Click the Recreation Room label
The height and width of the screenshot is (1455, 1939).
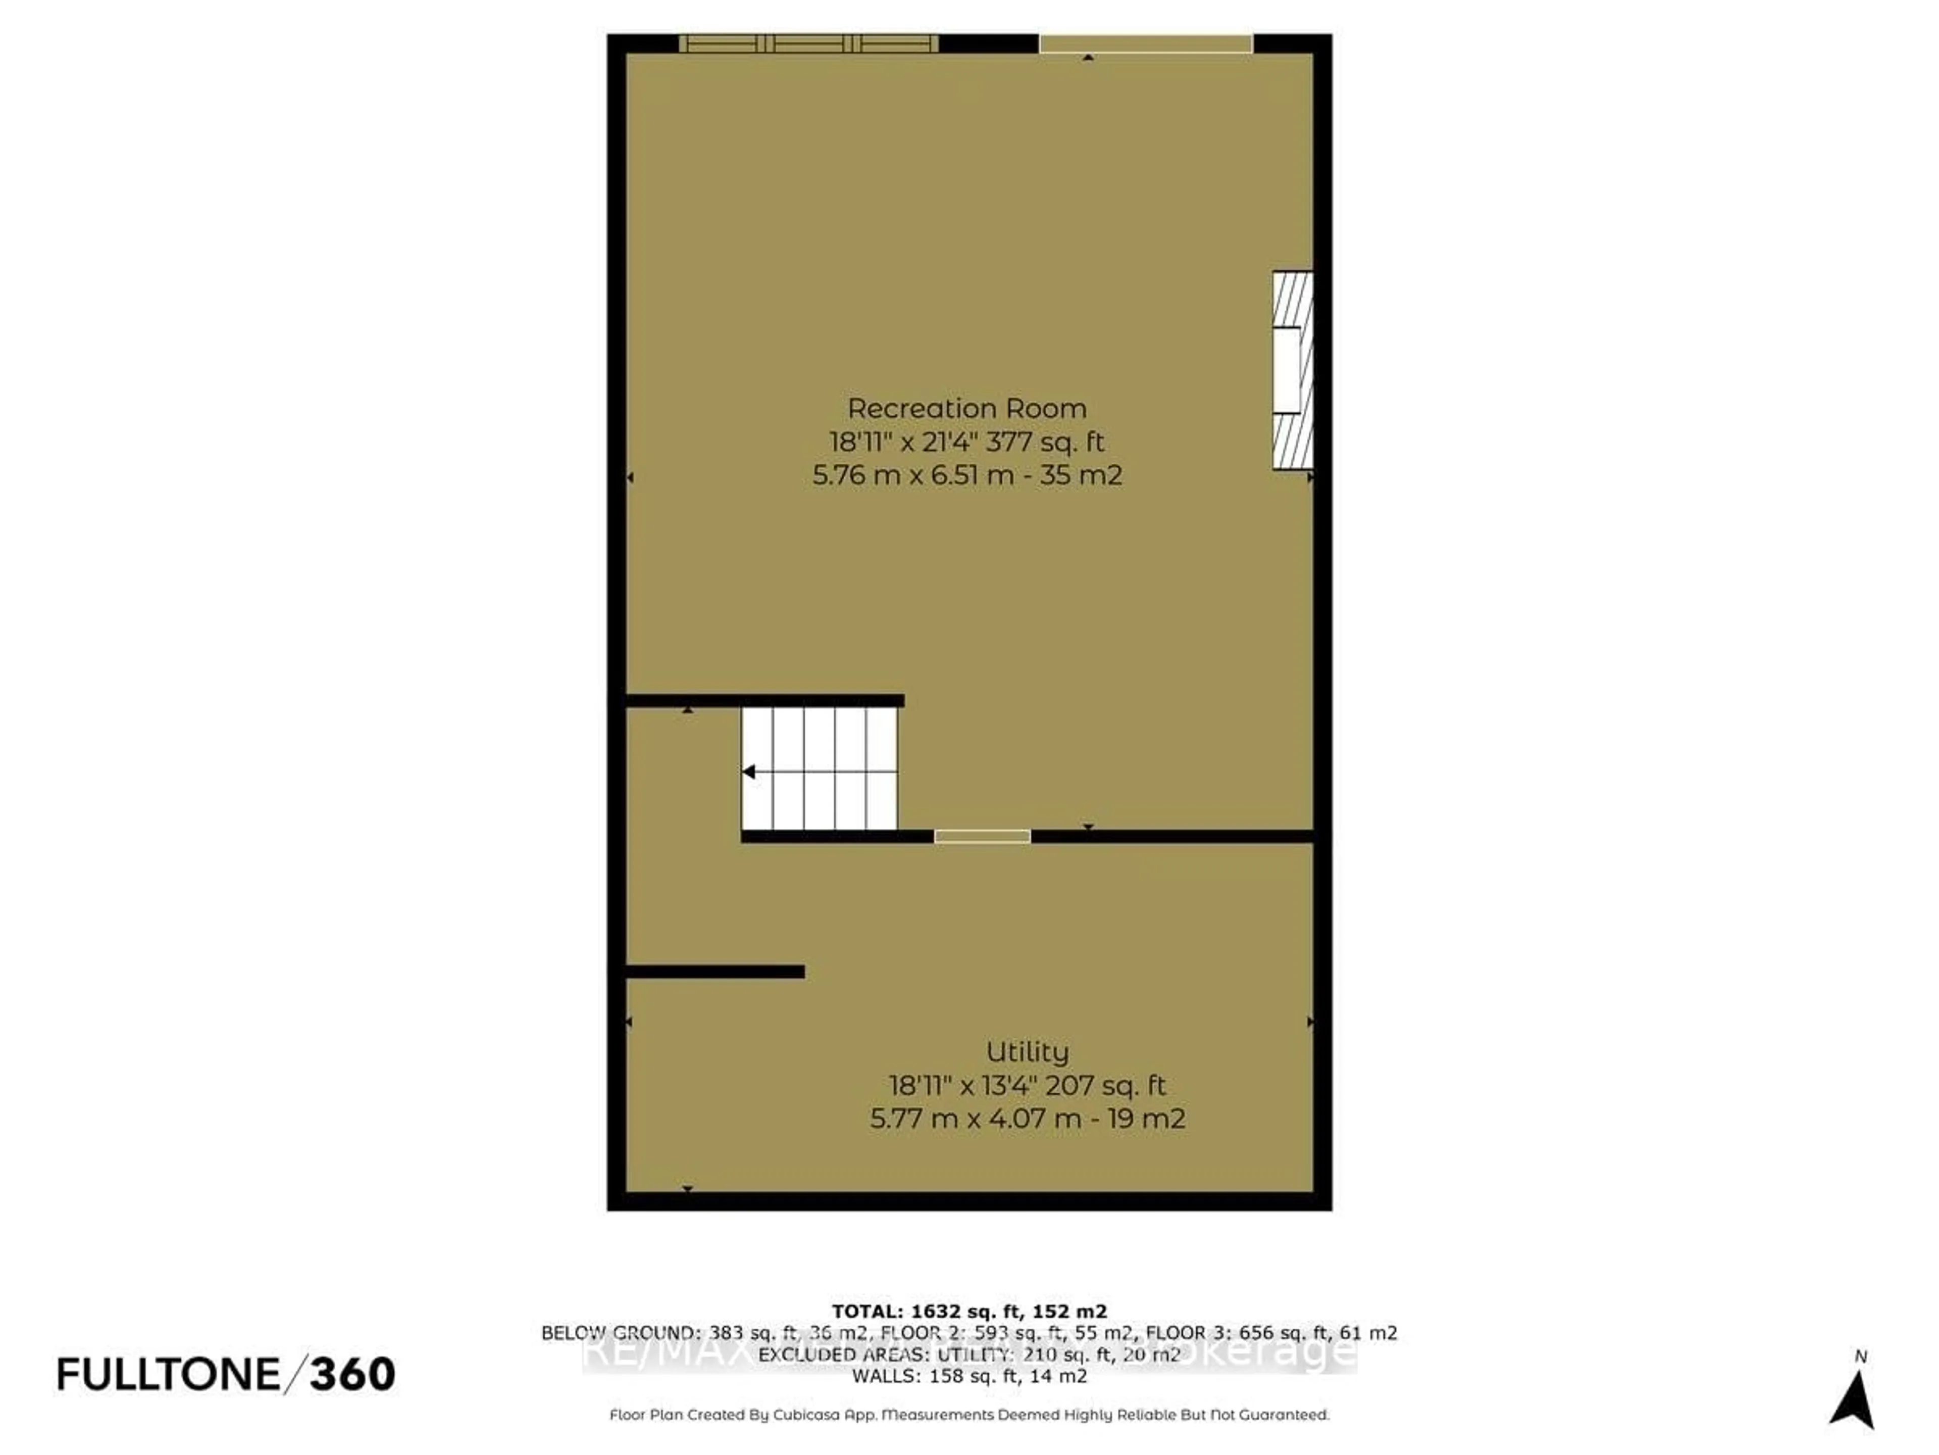967,409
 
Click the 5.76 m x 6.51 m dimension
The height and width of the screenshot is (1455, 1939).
967,475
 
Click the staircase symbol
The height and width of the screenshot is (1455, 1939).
820,769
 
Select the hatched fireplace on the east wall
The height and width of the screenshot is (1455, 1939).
1293,370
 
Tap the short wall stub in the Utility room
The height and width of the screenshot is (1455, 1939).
715,972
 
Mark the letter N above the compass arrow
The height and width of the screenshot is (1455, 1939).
1861,1357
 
